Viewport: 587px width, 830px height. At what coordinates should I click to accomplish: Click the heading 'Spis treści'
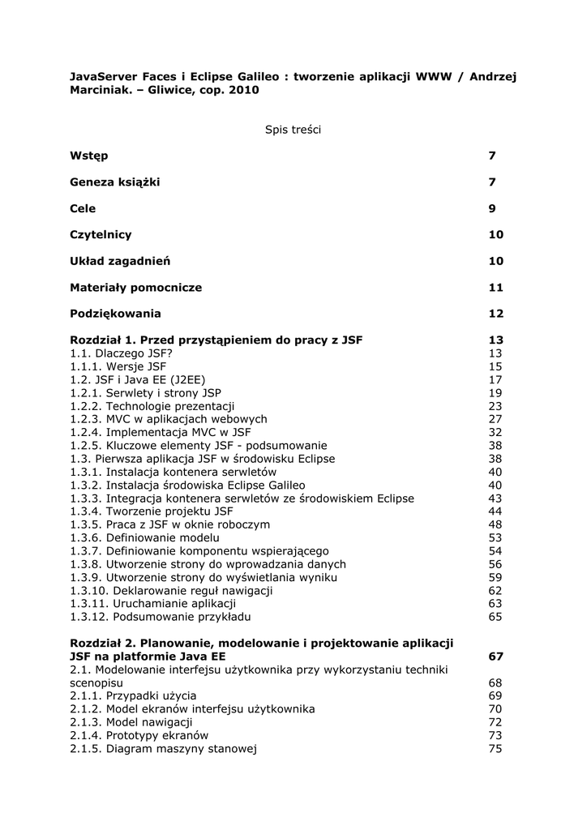[x=293, y=130]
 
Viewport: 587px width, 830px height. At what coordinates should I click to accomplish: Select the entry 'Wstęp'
[x=89, y=156]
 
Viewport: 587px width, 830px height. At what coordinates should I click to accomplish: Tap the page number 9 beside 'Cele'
[x=491, y=208]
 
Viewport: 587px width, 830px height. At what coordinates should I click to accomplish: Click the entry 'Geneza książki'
[x=114, y=182]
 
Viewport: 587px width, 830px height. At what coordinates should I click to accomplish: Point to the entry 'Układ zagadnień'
[x=120, y=261]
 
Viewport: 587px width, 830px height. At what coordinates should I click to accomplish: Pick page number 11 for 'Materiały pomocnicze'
[x=495, y=288]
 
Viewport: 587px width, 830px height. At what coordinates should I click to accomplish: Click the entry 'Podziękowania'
[x=115, y=314]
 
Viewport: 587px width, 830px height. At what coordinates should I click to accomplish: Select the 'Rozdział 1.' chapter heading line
[x=216, y=340]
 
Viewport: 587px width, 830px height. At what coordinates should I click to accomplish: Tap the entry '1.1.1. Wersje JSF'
[x=118, y=366]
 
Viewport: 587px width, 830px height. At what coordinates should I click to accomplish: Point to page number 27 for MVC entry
[x=495, y=419]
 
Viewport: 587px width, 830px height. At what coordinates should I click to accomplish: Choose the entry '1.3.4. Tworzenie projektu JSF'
[x=152, y=511]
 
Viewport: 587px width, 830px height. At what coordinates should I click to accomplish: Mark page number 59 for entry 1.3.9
[x=495, y=577]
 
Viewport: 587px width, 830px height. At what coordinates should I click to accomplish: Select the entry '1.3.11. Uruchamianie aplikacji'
[x=153, y=604]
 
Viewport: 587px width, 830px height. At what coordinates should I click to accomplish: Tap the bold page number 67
[x=495, y=657]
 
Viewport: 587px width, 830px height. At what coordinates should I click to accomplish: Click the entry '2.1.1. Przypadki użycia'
[x=133, y=695]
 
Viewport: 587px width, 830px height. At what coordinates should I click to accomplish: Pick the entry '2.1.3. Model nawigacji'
[x=131, y=722]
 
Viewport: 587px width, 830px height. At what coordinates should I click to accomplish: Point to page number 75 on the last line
[x=495, y=749]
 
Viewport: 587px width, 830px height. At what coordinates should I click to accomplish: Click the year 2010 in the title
[x=243, y=91]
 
